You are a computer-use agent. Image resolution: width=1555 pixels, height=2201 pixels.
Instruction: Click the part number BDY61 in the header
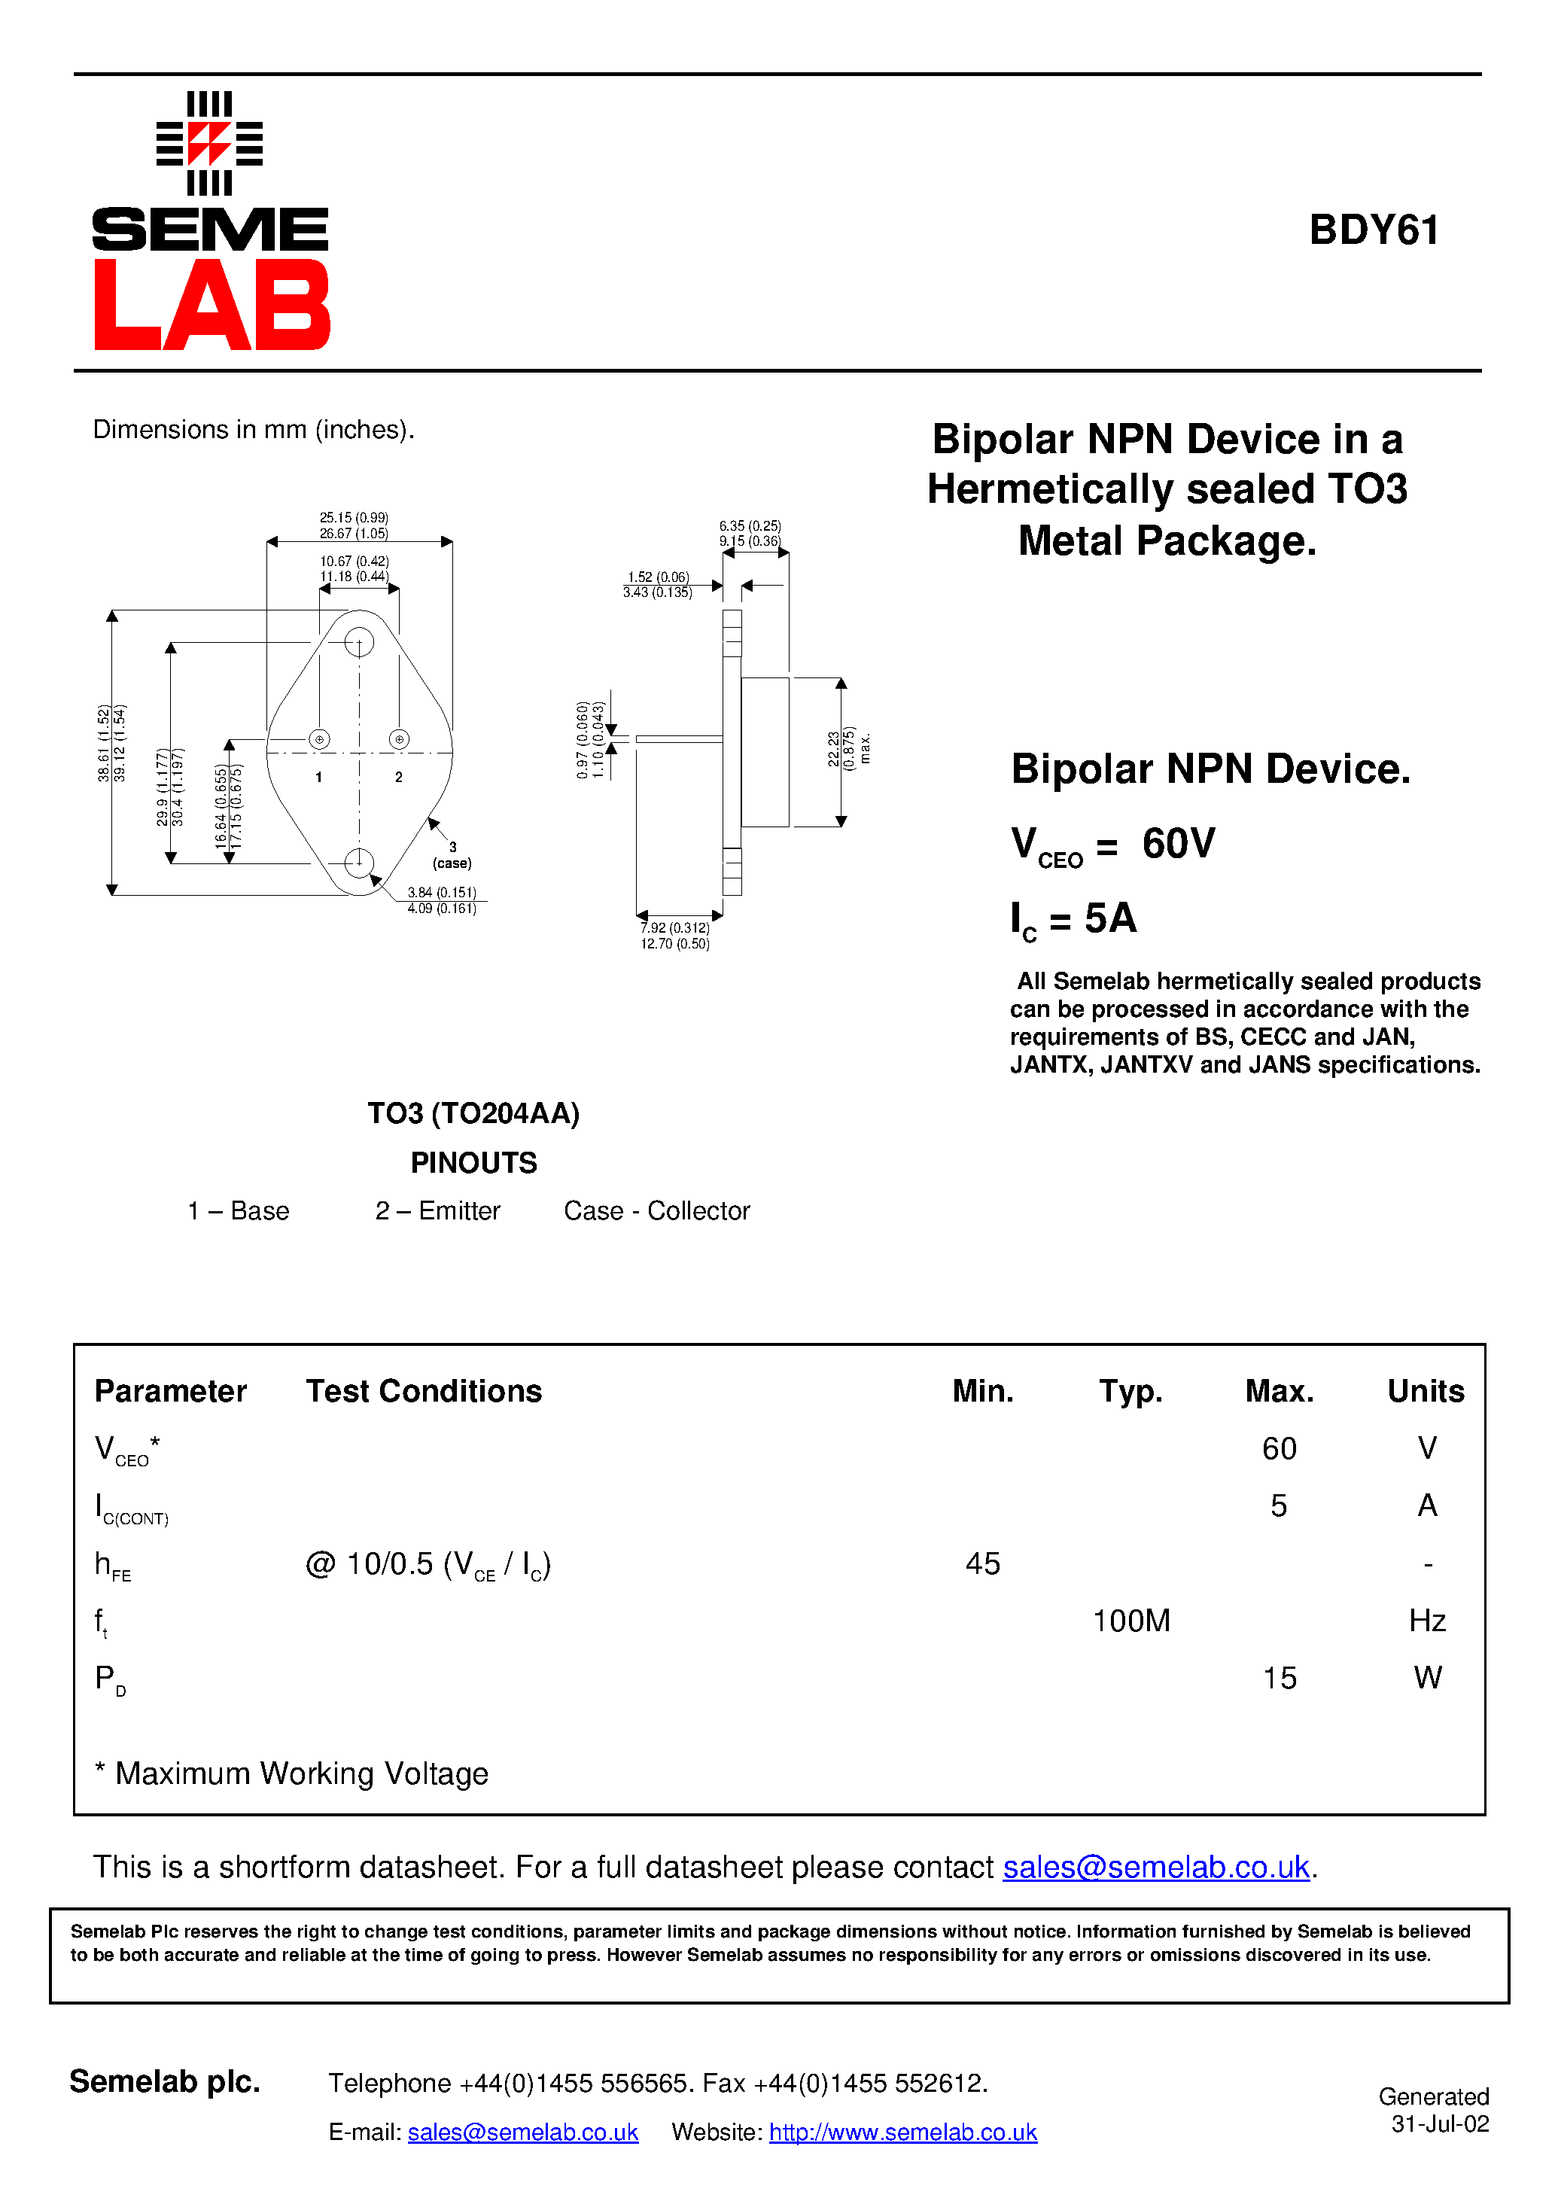[x=1373, y=230]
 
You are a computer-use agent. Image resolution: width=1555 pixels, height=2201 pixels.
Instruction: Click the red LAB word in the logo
[x=211, y=305]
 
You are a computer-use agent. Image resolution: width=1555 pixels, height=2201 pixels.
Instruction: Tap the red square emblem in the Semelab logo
[x=209, y=144]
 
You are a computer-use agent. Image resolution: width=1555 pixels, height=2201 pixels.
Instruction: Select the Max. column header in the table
[x=1279, y=1391]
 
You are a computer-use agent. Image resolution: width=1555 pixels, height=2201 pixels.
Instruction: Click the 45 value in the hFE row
[x=983, y=1563]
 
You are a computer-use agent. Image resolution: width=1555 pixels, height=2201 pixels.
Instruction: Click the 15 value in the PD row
[x=1279, y=1679]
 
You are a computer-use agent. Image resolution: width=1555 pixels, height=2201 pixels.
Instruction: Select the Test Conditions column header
[x=424, y=1391]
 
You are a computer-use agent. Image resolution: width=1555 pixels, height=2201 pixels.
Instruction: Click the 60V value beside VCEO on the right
[x=1178, y=844]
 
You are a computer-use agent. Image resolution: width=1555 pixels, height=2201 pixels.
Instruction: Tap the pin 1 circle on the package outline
[x=319, y=739]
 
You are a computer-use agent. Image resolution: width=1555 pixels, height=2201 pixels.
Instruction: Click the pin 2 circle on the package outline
[x=399, y=739]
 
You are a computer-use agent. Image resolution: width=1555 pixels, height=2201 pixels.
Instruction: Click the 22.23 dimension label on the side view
[x=834, y=750]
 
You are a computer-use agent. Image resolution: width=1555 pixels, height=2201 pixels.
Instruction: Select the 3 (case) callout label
[x=452, y=855]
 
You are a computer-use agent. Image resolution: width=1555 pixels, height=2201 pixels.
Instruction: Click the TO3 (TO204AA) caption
[x=473, y=1113]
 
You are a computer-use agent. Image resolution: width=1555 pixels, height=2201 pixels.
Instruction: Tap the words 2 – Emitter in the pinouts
[x=437, y=1210]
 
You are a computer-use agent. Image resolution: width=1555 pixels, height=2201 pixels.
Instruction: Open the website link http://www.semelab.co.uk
[x=902, y=2132]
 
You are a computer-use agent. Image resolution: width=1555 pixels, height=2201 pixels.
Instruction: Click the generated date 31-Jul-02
[x=1440, y=2124]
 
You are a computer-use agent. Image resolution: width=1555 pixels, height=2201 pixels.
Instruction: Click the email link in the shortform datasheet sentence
[x=1155, y=1868]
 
